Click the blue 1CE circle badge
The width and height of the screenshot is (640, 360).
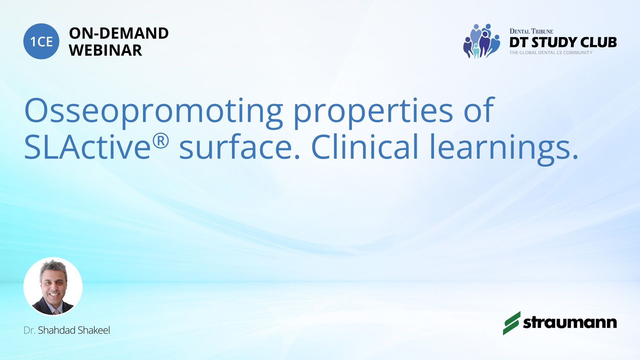tap(41, 41)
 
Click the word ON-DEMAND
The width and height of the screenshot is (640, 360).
tap(119, 33)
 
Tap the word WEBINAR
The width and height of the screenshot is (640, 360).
tap(105, 50)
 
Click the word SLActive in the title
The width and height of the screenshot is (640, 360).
tap(88, 147)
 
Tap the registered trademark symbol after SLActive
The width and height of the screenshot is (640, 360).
tap(161, 141)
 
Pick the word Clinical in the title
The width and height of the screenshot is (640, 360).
tap(364, 147)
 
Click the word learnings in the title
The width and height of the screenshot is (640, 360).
tap(504, 149)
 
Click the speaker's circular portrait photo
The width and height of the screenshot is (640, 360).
tap(53, 287)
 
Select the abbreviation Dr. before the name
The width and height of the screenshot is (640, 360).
tap(29, 330)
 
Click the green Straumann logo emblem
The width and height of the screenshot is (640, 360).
tap(512, 323)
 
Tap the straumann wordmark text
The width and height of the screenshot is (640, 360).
tap(570, 322)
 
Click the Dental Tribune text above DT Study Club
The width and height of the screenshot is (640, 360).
tap(531, 31)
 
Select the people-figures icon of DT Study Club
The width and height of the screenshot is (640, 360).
tap(481, 41)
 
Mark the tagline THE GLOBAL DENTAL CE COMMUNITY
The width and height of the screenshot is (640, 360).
tap(551, 53)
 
